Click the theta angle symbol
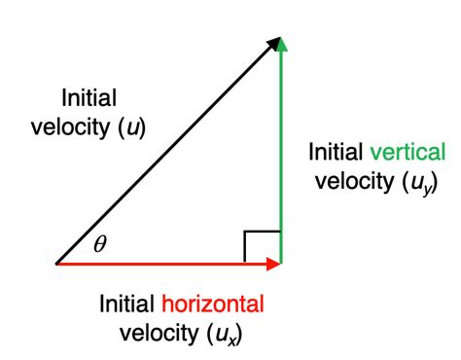(x=99, y=244)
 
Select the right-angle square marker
(x=263, y=245)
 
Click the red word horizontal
(x=212, y=305)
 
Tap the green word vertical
(x=408, y=153)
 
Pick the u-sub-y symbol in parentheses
(x=408, y=182)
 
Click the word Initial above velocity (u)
(x=89, y=97)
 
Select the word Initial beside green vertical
(x=336, y=153)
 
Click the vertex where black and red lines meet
(x=56, y=263)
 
